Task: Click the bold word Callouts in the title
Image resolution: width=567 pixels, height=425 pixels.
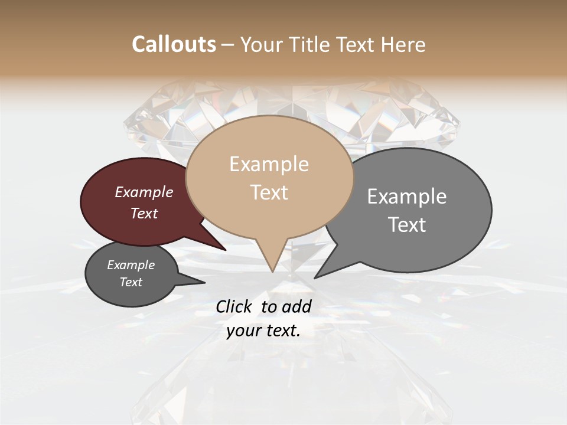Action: (x=174, y=44)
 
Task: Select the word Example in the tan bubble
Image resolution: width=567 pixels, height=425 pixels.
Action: (x=269, y=164)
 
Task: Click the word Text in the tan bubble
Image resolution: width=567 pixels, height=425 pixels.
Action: (x=269, y=192)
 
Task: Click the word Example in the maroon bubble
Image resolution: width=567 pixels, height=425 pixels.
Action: (x=144, y=192)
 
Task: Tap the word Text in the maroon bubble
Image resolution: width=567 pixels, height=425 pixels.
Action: (x=144, y=213)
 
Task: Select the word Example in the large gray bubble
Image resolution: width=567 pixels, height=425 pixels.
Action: (x=407, y=197)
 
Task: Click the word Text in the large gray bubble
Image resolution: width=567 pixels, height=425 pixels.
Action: (x=407, y=225)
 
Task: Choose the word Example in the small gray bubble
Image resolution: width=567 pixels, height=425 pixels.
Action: (x=131, y=265)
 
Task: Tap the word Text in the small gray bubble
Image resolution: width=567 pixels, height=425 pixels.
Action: (x=131, y=282)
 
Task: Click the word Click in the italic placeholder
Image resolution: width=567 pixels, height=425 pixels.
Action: (x=235, y=306)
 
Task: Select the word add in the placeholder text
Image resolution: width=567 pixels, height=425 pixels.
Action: (x=297, y=306)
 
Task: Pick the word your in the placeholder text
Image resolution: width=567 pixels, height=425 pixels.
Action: (x=242, y=331)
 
